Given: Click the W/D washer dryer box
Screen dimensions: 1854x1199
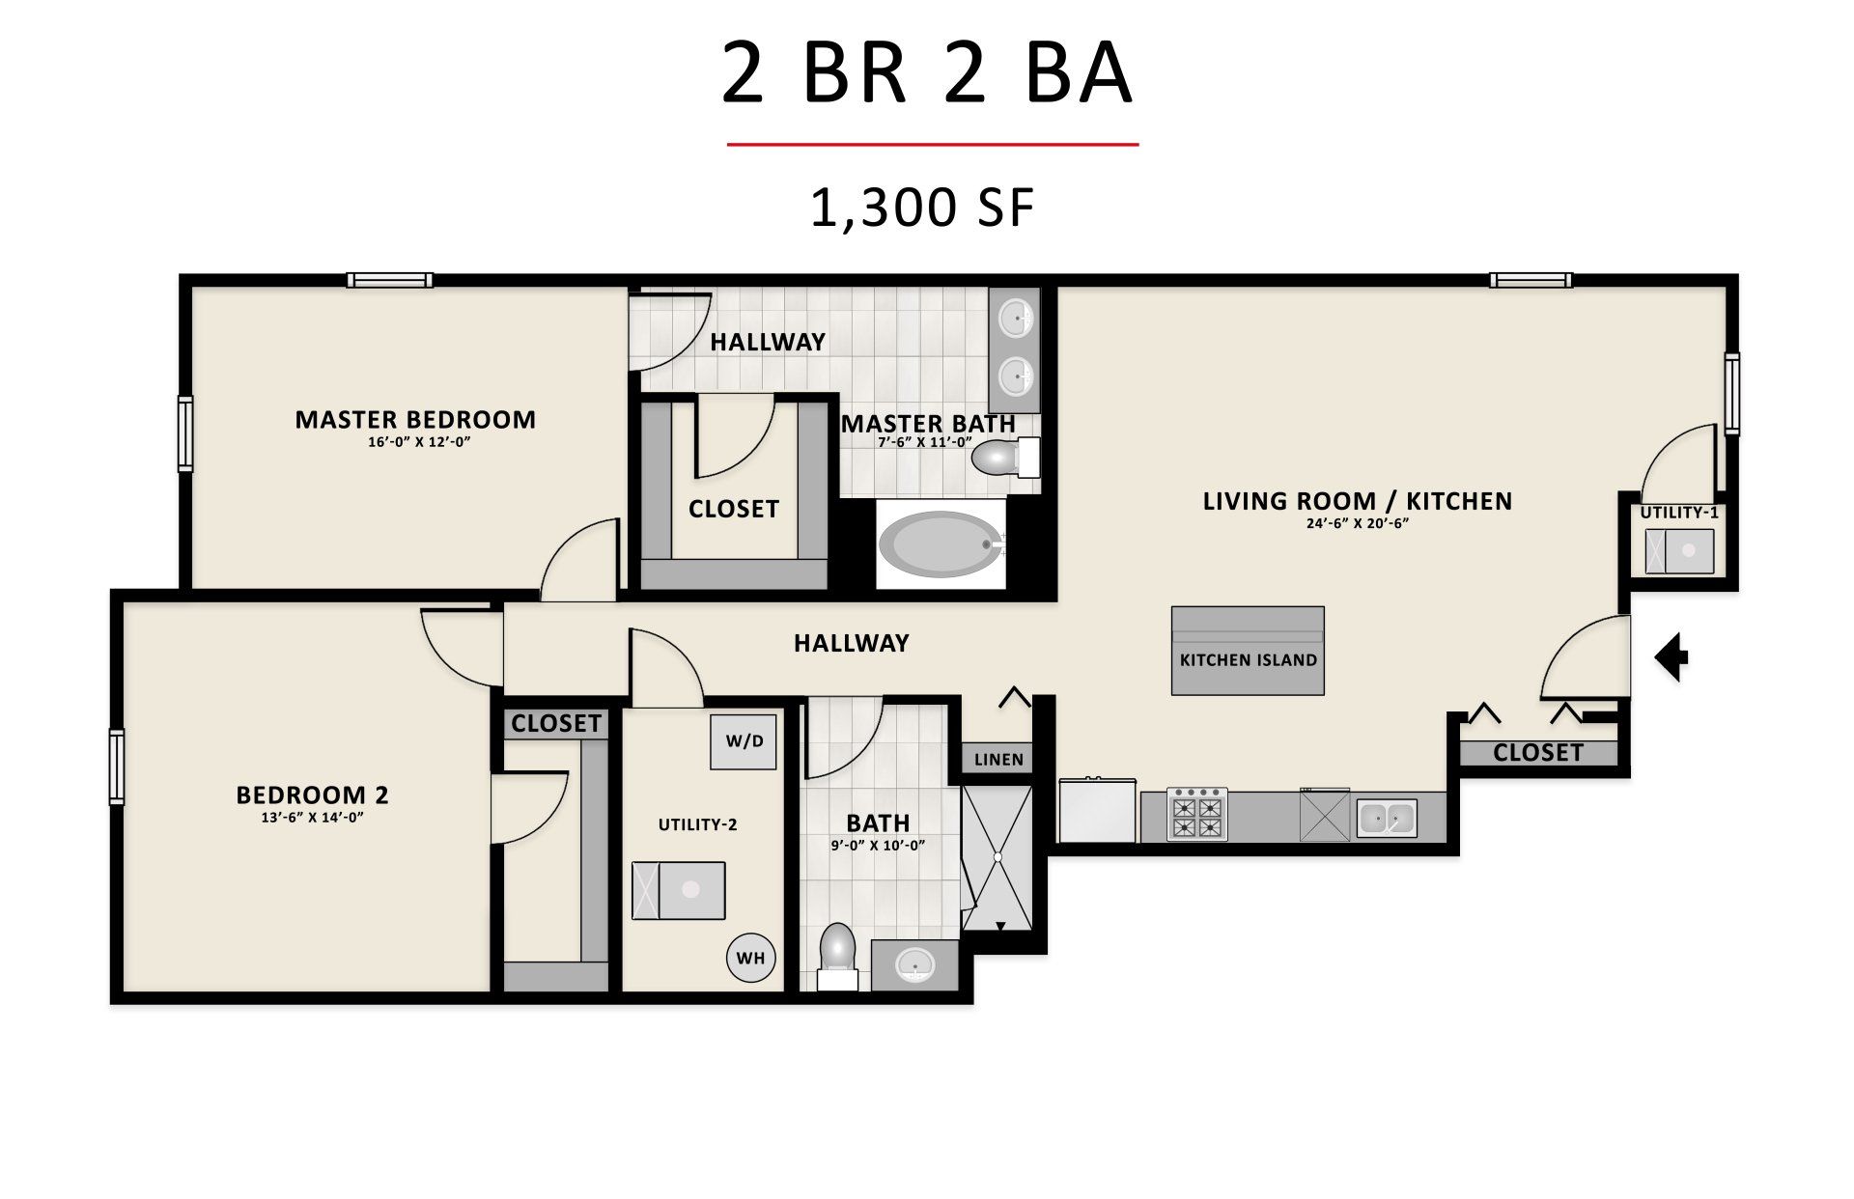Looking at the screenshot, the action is pyautogui.click(x=744, y=741).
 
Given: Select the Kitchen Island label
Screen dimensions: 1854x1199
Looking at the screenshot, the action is pyautogui.click(x=1249, y=660).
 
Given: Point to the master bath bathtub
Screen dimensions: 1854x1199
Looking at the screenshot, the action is pyautogui.click(x=941, y=545).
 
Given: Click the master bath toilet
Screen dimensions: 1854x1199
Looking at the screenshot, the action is pyautogui.click(x=1004, y=457).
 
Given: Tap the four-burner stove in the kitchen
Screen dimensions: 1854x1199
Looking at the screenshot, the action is pyautogui.click(x=1197, y=814).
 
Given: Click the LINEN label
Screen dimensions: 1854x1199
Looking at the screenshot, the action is pyautogui.click(x=998, y=760).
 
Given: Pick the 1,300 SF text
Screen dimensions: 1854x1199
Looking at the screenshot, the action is pyautogui.click(x=923, y=208).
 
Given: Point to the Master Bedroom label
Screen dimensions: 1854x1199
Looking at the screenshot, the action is pyautogui.click(x=415, y=419).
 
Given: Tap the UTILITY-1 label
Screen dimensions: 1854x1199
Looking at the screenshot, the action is pyautogui.click(x=1679, y=513).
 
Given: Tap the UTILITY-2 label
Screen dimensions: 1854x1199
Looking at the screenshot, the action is pyautogui.click(x=697, y=824).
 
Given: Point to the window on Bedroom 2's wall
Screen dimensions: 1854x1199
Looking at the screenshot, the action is pyautogui.click(x=117, y=767).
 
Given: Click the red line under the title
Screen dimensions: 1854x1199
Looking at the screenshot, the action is pyautogui.click(x=933, y=145).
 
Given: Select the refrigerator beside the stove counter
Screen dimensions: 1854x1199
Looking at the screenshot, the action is pyautogui.click(x=1098, y=810).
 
